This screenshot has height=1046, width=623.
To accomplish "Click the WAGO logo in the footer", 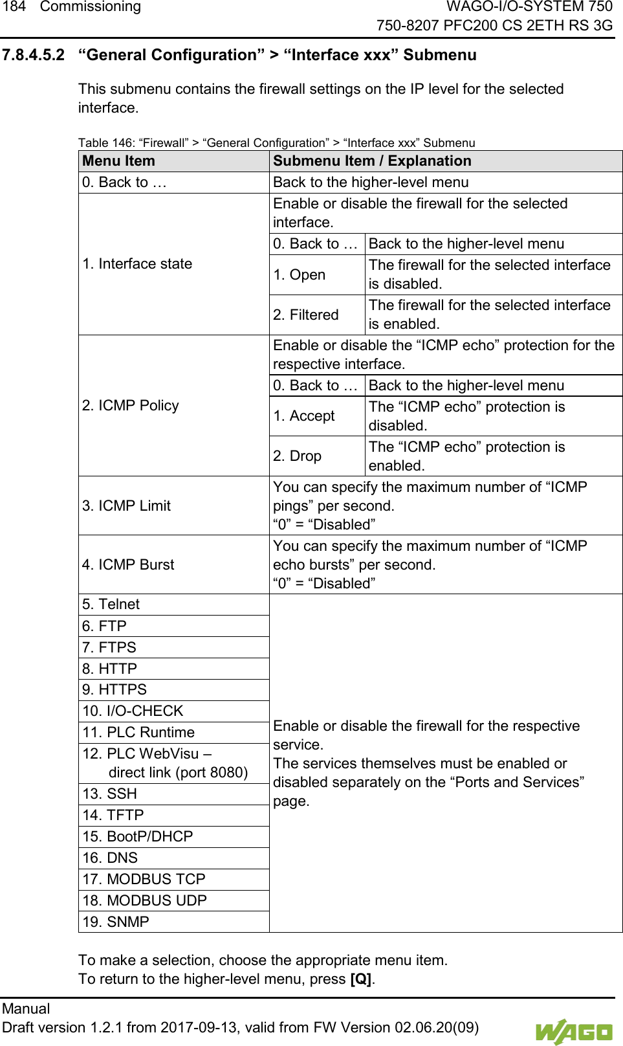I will pos(573,1032).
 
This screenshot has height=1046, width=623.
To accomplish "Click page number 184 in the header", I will pos(14,7).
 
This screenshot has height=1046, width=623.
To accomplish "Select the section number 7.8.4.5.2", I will pos(34,55).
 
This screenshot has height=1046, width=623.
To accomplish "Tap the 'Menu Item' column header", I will pos(119,161).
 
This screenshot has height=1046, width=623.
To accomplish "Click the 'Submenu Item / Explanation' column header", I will pos(372,161).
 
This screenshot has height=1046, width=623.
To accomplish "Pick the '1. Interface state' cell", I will pos(137,264).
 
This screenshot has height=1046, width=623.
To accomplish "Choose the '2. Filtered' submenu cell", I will pos(306,315).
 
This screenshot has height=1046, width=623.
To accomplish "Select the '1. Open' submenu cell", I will pos(300,275).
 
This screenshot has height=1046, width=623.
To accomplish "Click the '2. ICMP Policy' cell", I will pos(131,406).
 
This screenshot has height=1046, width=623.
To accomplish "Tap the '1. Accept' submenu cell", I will pos(304,416).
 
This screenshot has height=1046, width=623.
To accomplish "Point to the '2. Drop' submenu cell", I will pos(298,456).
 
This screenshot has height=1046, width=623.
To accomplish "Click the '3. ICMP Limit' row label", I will pos(127,506).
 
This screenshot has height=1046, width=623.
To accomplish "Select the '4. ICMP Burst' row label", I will pos(128,565).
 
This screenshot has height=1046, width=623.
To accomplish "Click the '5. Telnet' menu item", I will pos(111,605).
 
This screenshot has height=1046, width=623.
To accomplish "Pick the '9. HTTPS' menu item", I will pos(115,690).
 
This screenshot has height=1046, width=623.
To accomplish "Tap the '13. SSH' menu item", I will pos(110,794).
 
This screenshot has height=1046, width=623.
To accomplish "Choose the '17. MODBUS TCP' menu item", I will pos(144,880).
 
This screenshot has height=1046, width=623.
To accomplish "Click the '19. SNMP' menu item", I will pos(116,922).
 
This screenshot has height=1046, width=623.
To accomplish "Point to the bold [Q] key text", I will pos(361,979).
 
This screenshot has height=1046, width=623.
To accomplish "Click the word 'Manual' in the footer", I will pos(26,1009).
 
